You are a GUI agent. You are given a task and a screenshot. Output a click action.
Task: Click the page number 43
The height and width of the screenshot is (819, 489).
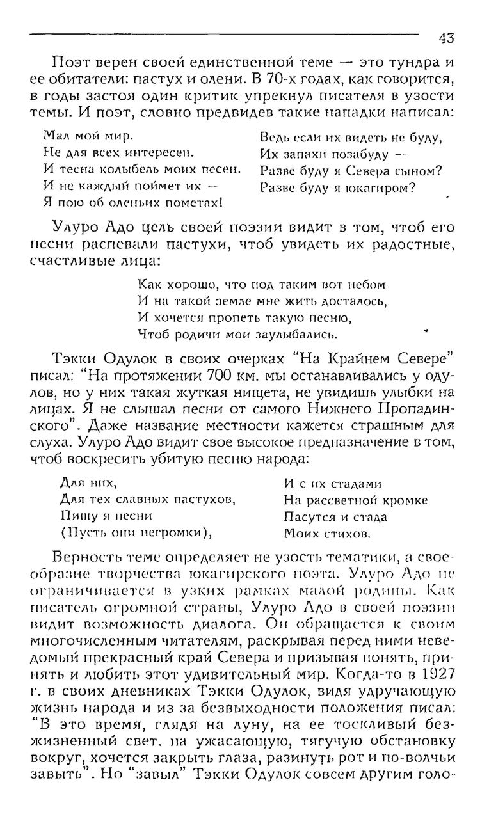point(446,38)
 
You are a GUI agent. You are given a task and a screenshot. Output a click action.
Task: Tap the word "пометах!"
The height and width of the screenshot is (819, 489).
point(192,203)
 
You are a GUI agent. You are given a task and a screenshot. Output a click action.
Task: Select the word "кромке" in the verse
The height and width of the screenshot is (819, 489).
point(403,500)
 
